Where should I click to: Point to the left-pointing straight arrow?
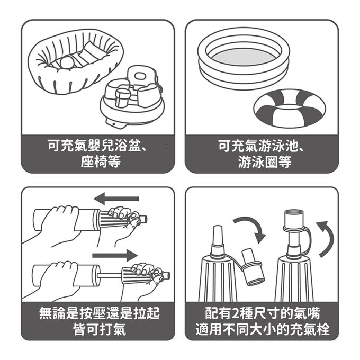point(116,199)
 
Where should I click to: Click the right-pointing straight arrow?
point(115,255)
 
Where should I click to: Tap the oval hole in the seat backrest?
point(139,76)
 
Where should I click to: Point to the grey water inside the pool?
point(244,57)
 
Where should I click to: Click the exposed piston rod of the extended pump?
point(110,275)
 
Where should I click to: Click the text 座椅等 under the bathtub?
point(101,161)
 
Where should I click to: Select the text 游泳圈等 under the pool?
point(265,161)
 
